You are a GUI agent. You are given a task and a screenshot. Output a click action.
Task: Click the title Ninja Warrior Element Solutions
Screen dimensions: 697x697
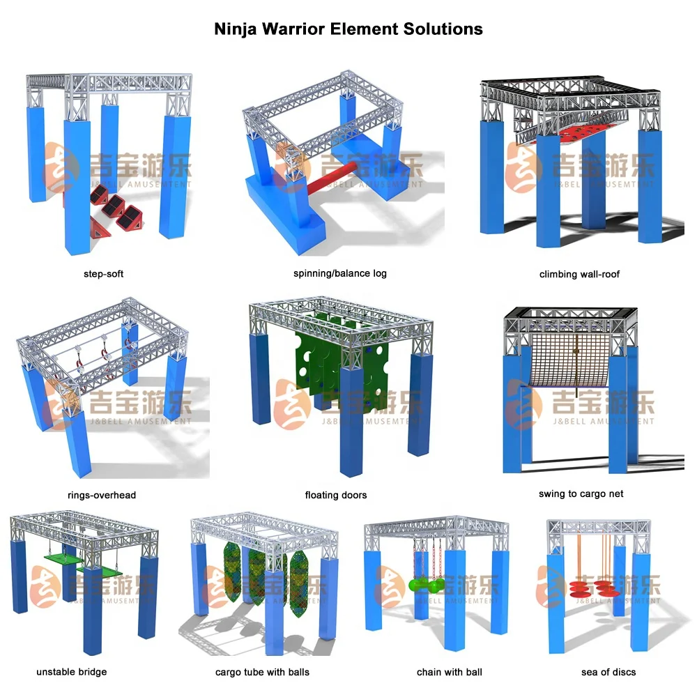pos(348,29)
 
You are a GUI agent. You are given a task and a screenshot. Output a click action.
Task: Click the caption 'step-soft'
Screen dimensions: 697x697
pos(103,274)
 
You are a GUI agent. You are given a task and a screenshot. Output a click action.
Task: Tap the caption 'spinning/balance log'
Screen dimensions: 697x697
pos(339,273)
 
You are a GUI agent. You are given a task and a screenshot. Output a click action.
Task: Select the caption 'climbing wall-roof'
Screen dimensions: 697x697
pos(579,274)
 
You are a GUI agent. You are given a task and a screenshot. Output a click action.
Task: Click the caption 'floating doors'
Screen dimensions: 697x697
pos(335,495)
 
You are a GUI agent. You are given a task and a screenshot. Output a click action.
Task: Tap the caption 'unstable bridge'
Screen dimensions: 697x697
pos(72,672)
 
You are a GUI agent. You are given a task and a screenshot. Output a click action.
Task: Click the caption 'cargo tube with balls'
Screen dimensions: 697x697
pos(262,672)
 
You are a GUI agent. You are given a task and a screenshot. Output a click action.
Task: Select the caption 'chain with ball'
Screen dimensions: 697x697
pos(449,672)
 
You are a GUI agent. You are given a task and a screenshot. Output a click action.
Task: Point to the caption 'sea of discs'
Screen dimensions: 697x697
pos(608,672)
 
